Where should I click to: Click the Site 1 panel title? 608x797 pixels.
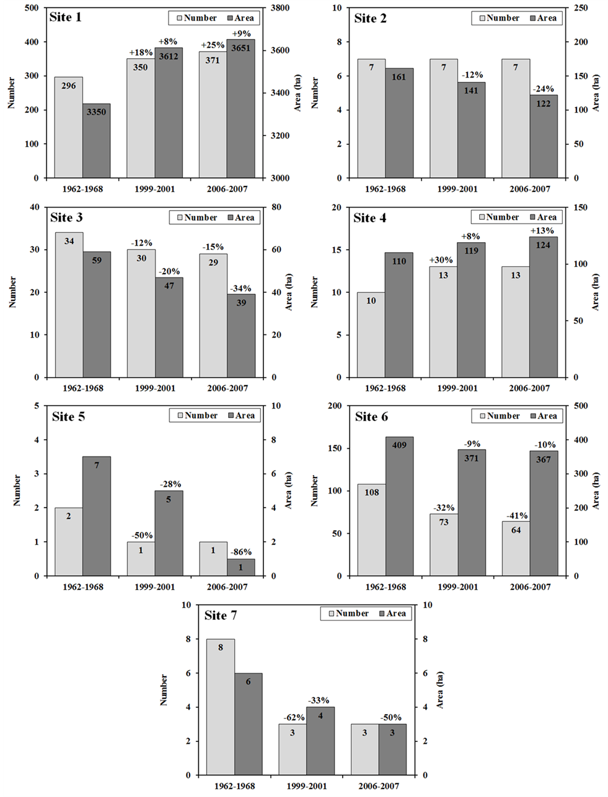pyautogui.click(x=66, y=17)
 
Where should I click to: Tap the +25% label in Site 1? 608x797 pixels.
pyautogui.click(x=212, y=45)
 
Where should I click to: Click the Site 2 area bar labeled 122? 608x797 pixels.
pyautogui.click(x=544, y=136)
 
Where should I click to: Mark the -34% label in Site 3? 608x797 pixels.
pyautogui.click(x=240, y=288)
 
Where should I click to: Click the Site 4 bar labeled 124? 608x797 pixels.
pyautogui.click(x=544, y=307)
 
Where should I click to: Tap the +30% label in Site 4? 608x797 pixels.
pyautogui.click(x=443, y=261)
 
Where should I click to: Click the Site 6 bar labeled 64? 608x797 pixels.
pyautogui.click(x=516, y=548)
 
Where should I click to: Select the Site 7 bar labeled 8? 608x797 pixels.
pyautogui.click(x=220, y=707)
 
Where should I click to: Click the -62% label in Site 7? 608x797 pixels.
pyautogui.click(x=293, y=718)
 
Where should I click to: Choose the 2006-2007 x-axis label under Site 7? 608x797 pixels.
pyautogui.click(x=379, y=786)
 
